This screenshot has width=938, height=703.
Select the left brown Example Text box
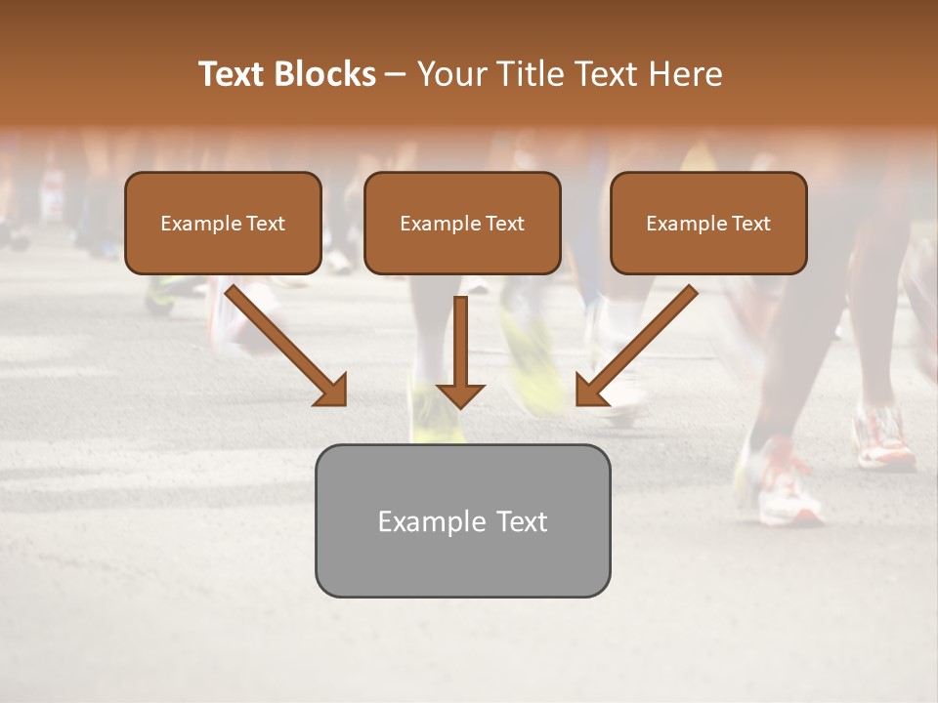[x=223, y=224]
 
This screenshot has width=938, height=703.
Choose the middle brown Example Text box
[x=462, y=224]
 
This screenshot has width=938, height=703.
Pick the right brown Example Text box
[x=708, y=224]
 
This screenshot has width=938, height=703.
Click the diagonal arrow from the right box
[x=640, y=342]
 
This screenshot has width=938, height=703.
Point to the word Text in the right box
[x=751, y=224]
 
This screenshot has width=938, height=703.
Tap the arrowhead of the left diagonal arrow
[x=332, y=391]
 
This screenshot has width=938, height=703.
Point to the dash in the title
[x=396, y=75]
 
